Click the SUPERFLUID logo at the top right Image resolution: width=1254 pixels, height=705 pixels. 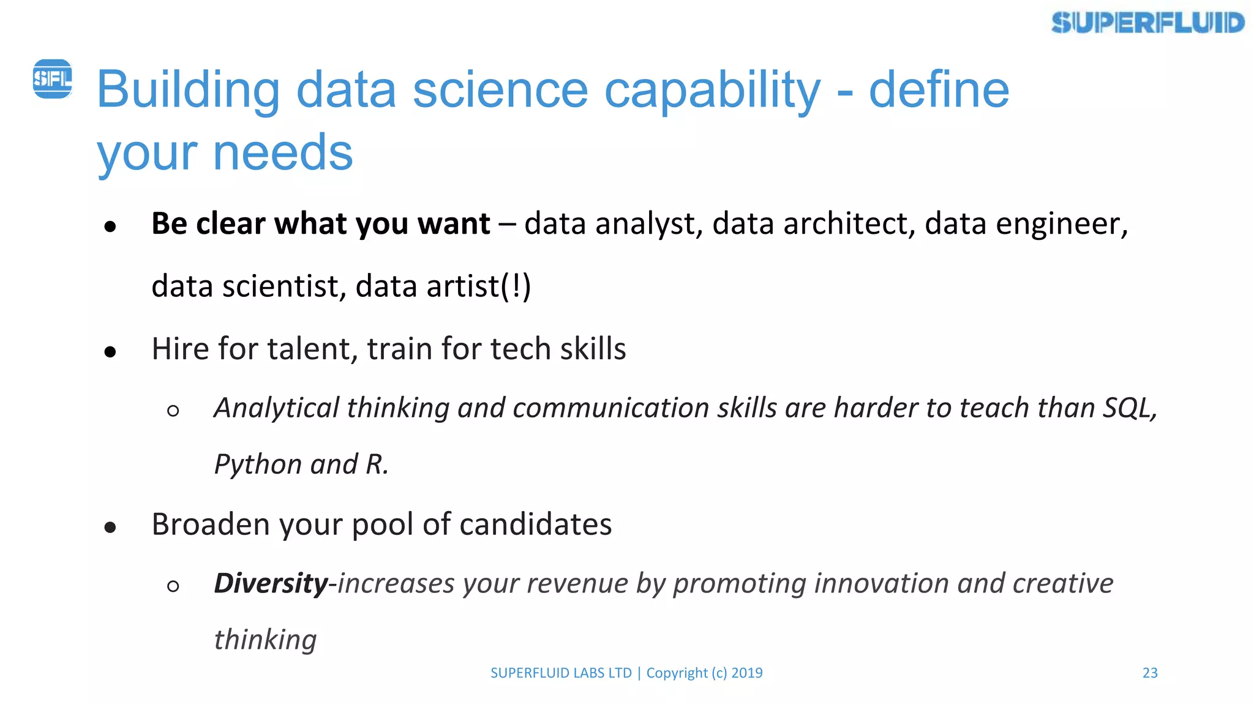[x=1147, y=23]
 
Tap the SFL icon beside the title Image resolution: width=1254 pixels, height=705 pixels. [x=52, y=79]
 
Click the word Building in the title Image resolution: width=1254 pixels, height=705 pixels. [x=188, y=91]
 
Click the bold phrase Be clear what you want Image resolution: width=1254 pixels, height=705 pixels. [x=320, y=223]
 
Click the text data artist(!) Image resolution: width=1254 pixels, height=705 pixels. [x=443, y=286]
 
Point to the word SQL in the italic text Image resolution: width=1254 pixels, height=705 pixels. [x=1128, y=408]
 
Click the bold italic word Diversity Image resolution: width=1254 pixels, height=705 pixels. [x=271, y=583]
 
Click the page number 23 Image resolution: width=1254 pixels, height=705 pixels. [x=1150, y=673]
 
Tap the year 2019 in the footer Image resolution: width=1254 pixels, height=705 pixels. [x=747, y=673]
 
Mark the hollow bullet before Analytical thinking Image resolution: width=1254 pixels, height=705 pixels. [x=173, y=411]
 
